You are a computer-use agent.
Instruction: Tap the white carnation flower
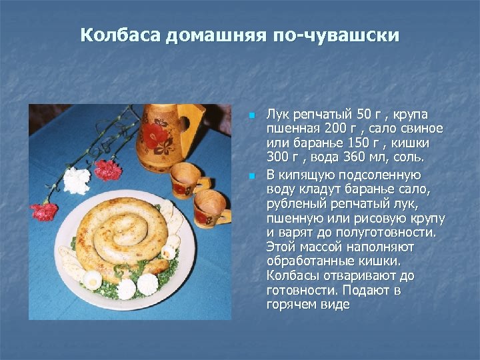tap(77, 180)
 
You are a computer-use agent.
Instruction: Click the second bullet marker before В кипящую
tap(251, 176)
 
